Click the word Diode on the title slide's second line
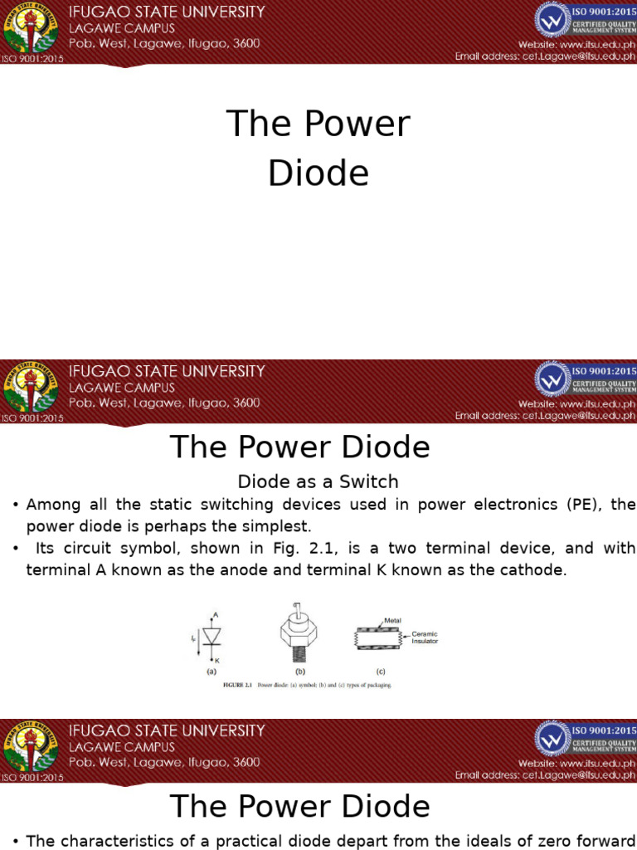point(318,173)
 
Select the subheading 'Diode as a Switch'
point(318,481)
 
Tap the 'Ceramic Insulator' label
point(425,637)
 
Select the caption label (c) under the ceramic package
point(381,671)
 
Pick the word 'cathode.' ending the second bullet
point(530,570)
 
